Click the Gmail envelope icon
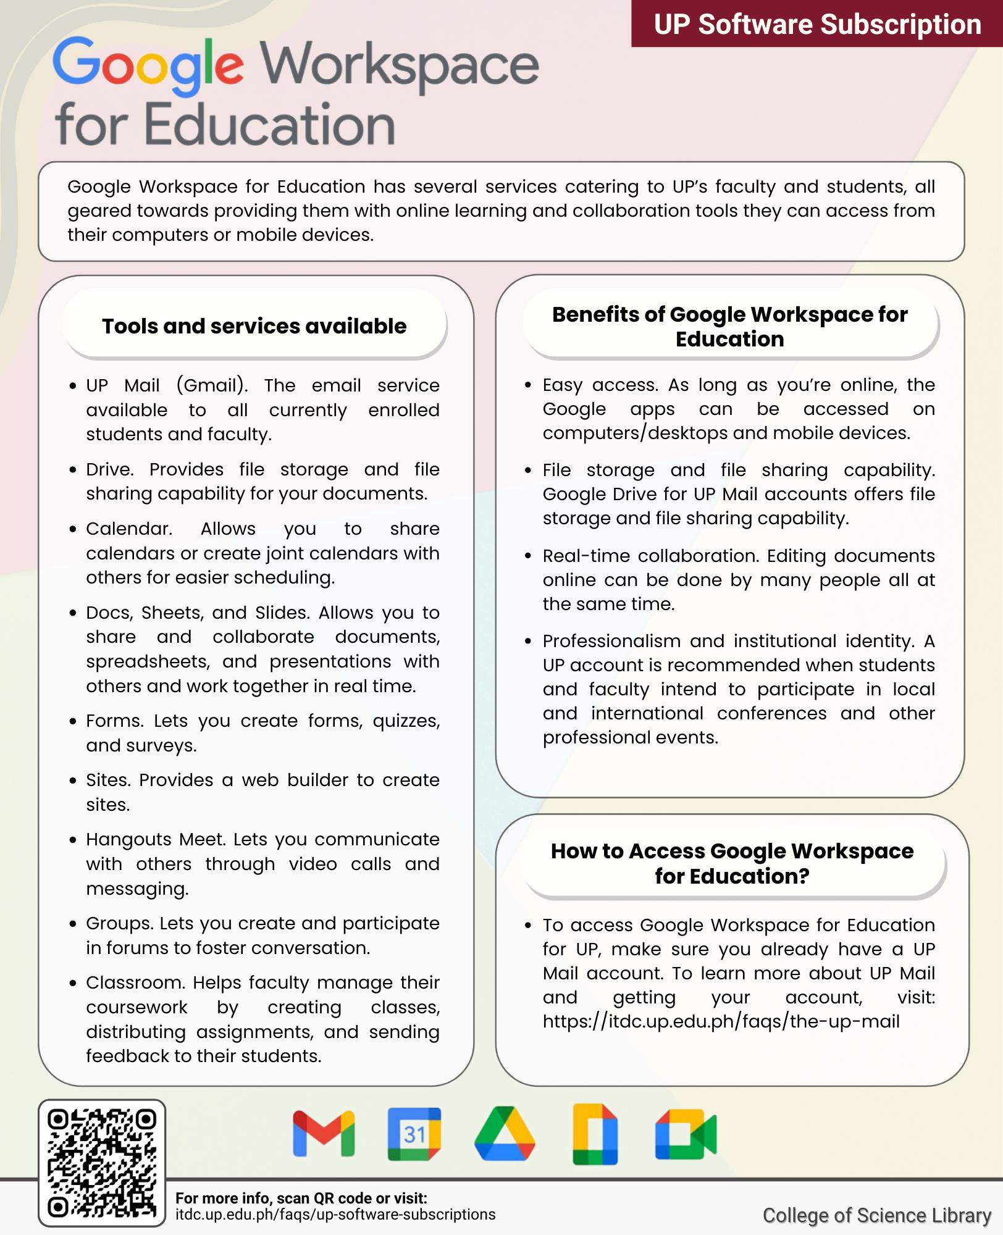point(324,1134)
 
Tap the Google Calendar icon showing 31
point(414,1134)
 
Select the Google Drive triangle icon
point(504,1134)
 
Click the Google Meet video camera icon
point(686,1135)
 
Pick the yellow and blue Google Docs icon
point(595,1134)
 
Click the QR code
point(102,1163)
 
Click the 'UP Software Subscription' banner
point(816,24)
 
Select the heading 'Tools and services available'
point(254,325)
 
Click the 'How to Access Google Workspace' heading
point(732,863)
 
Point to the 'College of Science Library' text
point(876,1215)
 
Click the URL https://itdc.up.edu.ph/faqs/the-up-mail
point(721,1021)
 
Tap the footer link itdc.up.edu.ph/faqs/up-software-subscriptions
point(335,1215)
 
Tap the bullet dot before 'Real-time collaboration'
point(527,556)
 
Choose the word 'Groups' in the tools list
point(120,923)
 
